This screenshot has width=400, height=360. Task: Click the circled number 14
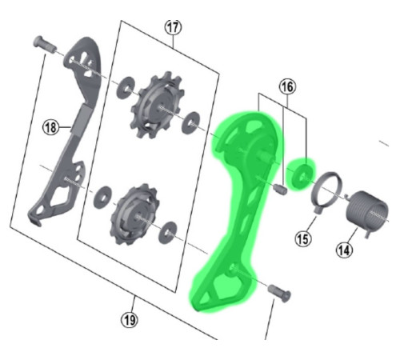[x=343, y=250]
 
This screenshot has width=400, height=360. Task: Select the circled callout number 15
[x=302, y=238]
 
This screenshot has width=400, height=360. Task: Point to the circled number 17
[x=172, y=26]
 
